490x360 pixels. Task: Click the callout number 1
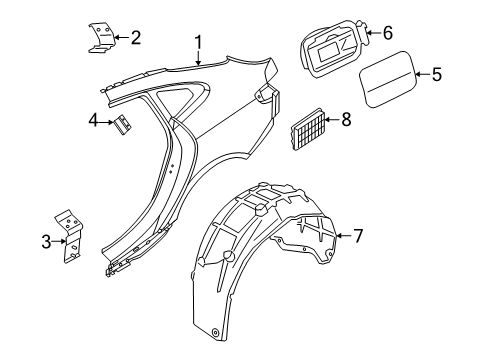(199, 43)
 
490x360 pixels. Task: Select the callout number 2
(136, 37)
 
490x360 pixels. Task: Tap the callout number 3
(46, 242)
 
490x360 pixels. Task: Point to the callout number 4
(94, 121)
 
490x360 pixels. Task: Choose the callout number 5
(437, 74)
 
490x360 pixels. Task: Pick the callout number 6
(388, 33)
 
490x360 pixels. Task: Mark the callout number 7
(358, 236)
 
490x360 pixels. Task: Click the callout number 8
(346, 119)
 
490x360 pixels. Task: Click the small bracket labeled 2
(101, 38)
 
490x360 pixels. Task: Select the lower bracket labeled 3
(71, 237)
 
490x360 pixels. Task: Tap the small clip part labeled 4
(123, 124)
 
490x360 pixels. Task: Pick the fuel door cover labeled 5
(388, 79)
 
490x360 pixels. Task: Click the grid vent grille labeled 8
(307, 129)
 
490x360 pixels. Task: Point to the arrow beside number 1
(199, 57)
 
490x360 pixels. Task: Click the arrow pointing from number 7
(344, 236)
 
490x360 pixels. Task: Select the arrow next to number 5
(423, 74)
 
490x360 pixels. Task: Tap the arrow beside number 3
(59, 241)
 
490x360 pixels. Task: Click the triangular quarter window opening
(180, 99)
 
